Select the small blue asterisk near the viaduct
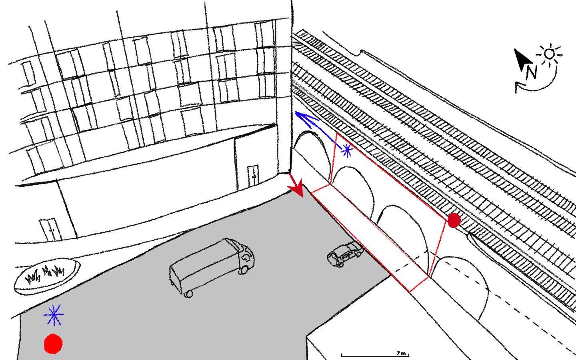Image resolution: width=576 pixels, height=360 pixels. (347, 151)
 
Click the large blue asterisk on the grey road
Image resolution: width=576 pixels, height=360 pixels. (54, 315)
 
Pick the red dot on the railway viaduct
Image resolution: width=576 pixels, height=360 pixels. (454, 220)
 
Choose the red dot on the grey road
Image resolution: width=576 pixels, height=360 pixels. (53, 344)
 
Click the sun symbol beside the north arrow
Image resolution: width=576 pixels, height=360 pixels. (550, 54)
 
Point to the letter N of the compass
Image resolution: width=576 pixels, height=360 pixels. (532, 73)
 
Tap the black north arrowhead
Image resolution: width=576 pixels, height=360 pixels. (522, 59)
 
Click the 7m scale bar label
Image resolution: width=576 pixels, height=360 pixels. (401, 353)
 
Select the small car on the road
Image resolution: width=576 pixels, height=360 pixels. (345, 254)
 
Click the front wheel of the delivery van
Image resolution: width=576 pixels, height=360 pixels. (243, 270)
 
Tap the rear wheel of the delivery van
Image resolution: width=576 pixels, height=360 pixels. (189, 294)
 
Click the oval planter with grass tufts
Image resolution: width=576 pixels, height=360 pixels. (47, 276)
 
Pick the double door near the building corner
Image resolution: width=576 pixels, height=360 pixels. (253, 176)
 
